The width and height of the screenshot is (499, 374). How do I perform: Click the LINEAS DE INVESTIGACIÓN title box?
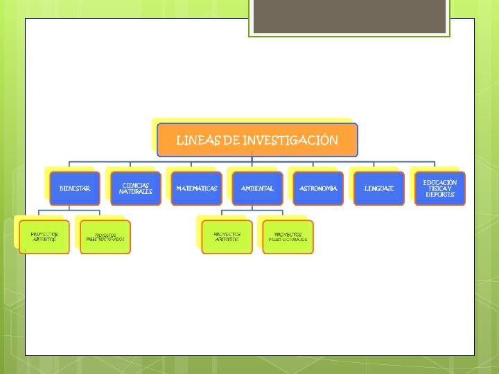pos(257,140)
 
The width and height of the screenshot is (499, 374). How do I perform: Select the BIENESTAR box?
pos(75,188)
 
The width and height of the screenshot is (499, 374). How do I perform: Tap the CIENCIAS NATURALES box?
pos(136,188)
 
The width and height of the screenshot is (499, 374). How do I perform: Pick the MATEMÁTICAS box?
pos(197,188)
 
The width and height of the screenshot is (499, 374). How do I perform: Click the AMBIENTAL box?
pos(258,188)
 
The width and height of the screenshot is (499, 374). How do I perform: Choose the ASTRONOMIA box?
pos(318,188)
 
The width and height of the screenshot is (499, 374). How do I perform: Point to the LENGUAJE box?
pos(379,188)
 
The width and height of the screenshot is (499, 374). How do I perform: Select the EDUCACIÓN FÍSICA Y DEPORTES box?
pos(440,188)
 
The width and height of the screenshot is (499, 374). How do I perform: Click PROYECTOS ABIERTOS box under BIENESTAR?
pos(44,237)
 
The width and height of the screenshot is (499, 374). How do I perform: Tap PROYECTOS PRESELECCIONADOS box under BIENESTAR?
pos(105,237)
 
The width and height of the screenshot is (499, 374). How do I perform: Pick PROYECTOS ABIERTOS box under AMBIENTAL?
pos(227,237)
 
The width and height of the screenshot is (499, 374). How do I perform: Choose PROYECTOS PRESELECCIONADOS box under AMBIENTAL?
pos(288,237)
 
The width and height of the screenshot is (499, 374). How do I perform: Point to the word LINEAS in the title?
pos(198,141)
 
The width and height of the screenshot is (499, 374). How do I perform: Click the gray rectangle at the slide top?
pos(349,16)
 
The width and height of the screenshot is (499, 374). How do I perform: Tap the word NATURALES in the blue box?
pos(136,192)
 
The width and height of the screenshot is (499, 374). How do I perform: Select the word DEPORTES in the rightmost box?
pos(440,195)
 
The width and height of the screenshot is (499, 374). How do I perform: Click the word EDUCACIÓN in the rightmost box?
pos(440,182)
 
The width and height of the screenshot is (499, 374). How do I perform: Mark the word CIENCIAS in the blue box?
pos(136,185)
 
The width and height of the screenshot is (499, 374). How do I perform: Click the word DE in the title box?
pos(231,141)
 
